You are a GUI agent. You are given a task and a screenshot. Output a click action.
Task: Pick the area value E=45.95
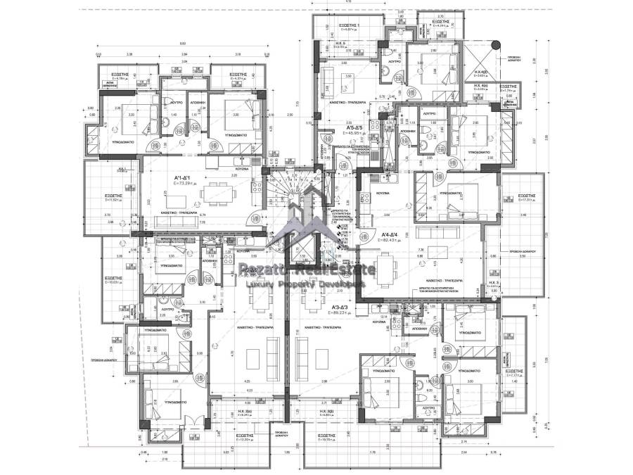350,133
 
